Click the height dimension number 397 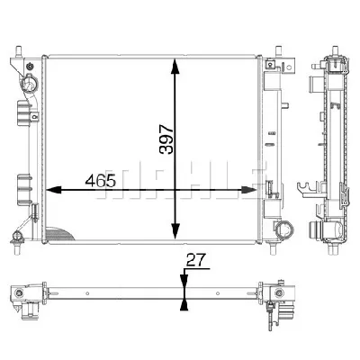[166, 139]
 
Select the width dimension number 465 [100, 181]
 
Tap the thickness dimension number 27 [195, 260]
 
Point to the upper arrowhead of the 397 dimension [175, 67]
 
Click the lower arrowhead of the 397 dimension [175, 231]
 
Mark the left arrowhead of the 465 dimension [54, 190]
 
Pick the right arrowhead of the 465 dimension [249, 190]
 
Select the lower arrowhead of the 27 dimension [184, 305]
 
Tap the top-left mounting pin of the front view [19, 51]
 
